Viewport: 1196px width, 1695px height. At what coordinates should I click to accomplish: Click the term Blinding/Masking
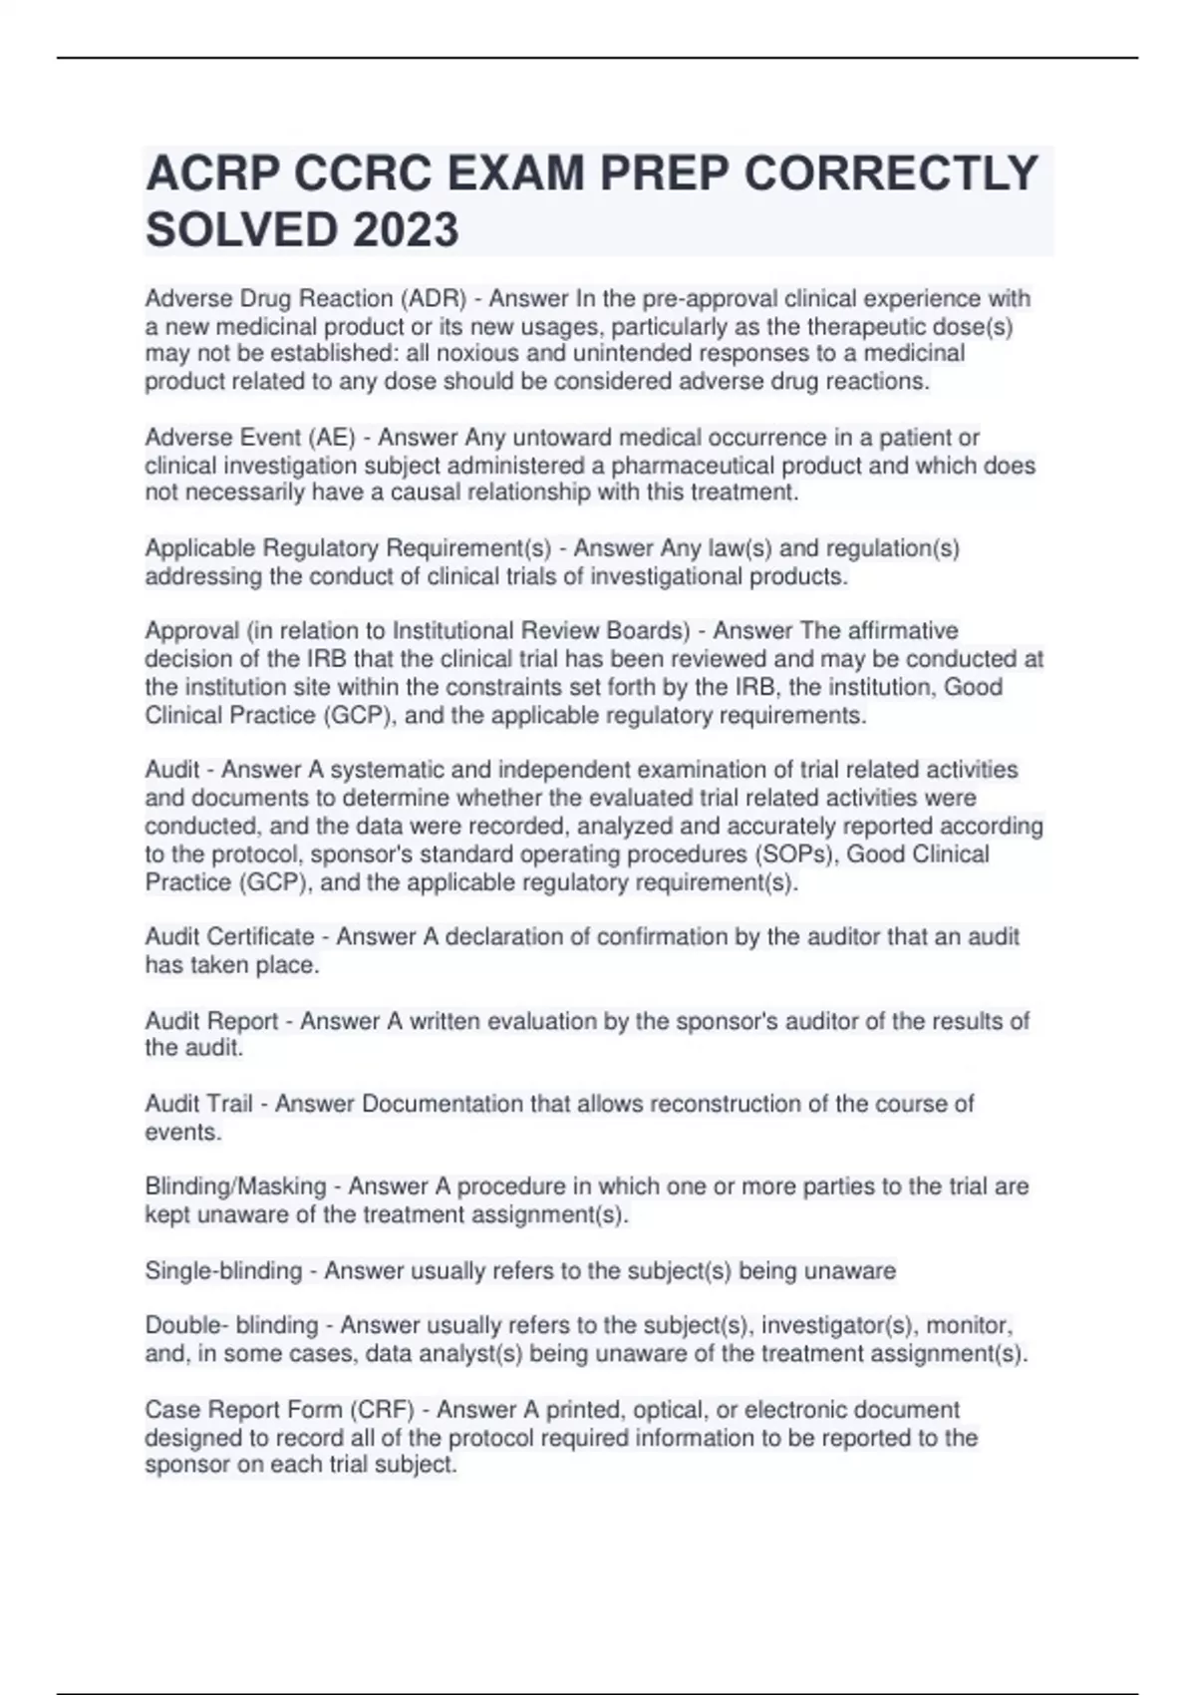[235, 1186]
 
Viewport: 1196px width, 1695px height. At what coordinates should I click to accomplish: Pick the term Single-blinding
[223, 1271]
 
